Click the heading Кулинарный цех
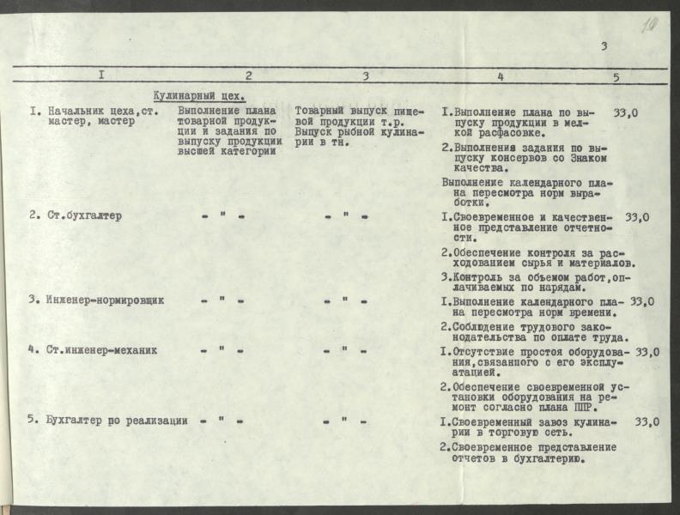[x=199, y=96]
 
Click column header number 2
[x=248, y=75]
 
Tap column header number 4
[x=501, y=76]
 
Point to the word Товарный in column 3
[x=320, y=112]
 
